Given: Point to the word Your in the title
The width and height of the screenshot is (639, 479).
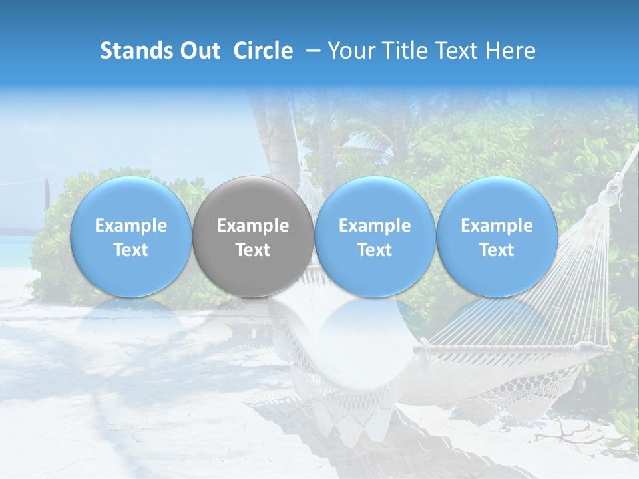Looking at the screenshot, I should tap(351, 51).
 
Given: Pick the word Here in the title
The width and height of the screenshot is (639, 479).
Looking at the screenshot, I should tap(513, 51).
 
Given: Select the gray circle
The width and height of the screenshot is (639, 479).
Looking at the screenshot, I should tap(253, 236).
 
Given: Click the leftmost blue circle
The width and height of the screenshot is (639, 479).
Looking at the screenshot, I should tap(130, 236).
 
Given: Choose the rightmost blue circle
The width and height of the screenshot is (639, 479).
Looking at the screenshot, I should tap(497, 236).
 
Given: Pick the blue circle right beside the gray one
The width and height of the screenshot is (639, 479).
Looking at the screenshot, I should tap(375, 236).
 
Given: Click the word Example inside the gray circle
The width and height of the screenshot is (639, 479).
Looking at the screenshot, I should tap(253, 226).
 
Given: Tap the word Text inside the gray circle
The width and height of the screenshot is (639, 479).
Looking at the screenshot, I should tap(253, 250).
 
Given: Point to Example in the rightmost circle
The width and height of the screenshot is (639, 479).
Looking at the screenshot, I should tap(497, 226).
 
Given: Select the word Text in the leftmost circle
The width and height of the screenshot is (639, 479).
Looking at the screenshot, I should tap(130, 250).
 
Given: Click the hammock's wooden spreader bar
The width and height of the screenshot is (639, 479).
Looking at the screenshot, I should tap(513, 348).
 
